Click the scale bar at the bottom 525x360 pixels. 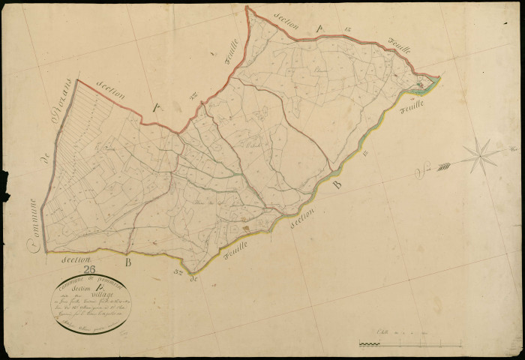click(x=409, y=344)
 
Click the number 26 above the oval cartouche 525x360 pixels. click(x=89, y=271)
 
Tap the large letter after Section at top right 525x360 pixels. click(x=318, y=28)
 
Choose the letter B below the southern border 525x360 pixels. click(x=127, y=262)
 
